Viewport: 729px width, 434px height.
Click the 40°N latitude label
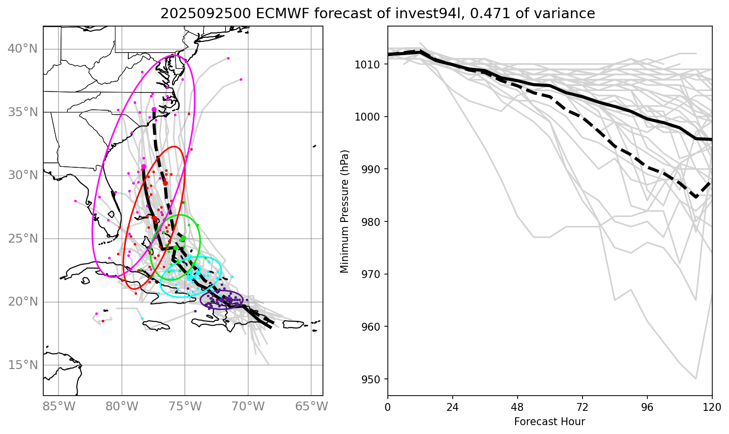click(x=23, y=49)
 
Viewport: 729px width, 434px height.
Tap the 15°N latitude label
click(x=23, y=365)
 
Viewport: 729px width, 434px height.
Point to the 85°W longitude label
click(x=59, y=406)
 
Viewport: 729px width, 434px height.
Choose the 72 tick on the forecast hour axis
click(x=582, y=407)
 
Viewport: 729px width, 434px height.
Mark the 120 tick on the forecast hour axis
click(x=712, y=407)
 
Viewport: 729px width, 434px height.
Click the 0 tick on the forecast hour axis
click(x=388, y=407)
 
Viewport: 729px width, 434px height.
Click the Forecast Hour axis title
click(x=550, y=422)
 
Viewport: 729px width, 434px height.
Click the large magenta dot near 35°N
click(x=154, y=109)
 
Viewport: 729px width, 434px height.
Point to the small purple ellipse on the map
click(x=222, y=300)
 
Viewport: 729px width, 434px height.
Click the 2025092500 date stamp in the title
click(x=206, y=14)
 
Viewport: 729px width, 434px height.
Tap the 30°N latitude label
click(x=23, y=175)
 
